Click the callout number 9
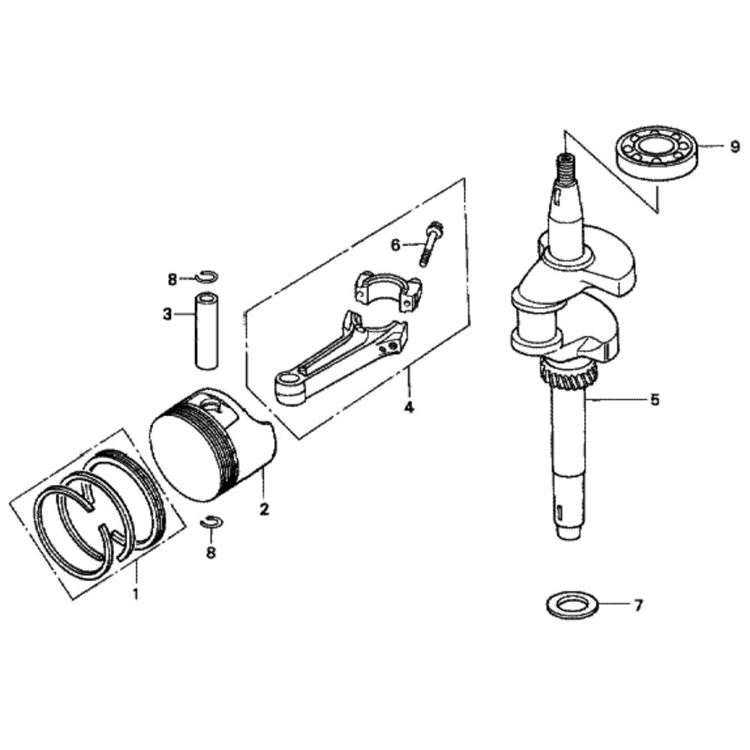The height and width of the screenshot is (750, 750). click(x=734, y=147)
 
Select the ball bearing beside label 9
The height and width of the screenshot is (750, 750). click(x=657, y=153)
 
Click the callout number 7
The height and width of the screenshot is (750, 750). click(x=638, y=606)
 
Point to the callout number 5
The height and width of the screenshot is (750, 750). click(x=655, y=400)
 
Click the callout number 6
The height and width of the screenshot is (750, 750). click(x=395, y=244)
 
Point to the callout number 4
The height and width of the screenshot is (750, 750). click(x=409, y=407)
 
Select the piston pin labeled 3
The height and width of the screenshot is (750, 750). click(x=207, y=330)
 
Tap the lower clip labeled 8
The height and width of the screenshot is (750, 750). click(x=212, y=522)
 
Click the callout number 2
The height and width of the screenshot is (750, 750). click(x=264, y=508)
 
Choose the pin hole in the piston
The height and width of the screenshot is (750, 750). click(x=217, y=406)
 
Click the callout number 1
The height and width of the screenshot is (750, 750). click(x=136, y=595)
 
